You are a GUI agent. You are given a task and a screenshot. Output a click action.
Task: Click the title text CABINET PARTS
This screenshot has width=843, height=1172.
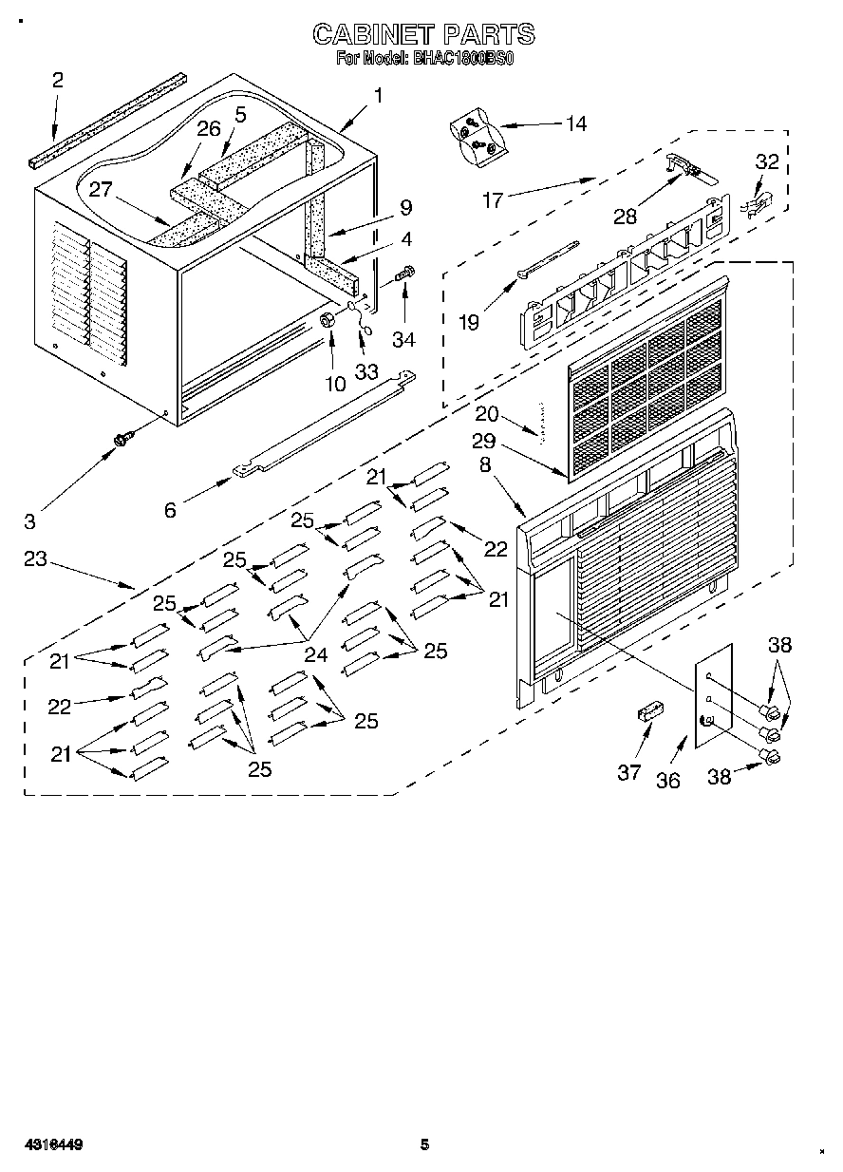pyautogui.click(x=423, y=35)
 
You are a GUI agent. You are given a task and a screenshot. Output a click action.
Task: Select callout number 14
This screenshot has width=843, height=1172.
pyautogui.click(x=575, y=123)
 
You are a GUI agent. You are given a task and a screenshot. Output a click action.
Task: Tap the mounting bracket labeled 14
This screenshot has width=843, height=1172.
pyautogui.click(x=476, y=137)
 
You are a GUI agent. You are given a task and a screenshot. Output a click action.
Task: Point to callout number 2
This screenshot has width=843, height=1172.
pyautogui.click(x=58, y=81)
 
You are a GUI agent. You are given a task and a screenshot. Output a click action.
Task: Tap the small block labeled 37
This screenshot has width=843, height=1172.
pyautogui.click(x=648, y=713)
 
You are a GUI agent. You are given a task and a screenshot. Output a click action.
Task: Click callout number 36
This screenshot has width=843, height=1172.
pyautogui.click(x=669, y=780)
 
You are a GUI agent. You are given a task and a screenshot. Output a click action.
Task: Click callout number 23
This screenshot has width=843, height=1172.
pyautogui.click(x=35, y=559)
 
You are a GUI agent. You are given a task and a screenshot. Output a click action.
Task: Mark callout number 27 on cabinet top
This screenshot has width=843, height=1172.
pyautogui.click(x=102, y=189)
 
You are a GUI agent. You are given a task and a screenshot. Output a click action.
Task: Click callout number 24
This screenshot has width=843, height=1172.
pyautogui.click(x=315, y=653)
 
